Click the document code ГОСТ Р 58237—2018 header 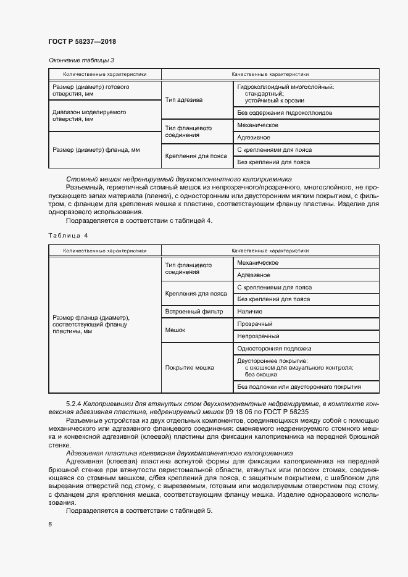click(82, 41)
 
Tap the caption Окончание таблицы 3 click(81, 60)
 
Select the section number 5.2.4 click(73, 404)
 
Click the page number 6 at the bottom click(49, 524)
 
